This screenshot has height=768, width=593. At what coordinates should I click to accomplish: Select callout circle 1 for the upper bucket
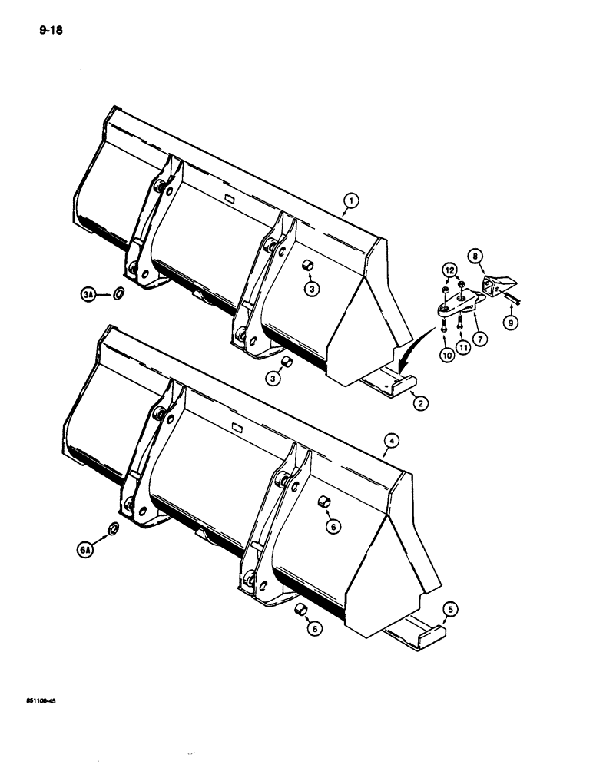(x=350, y=202)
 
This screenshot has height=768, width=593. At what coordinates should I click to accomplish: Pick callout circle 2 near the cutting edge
(x=418, y=402)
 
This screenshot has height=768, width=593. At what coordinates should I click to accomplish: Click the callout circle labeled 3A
(x=89, y=293)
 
